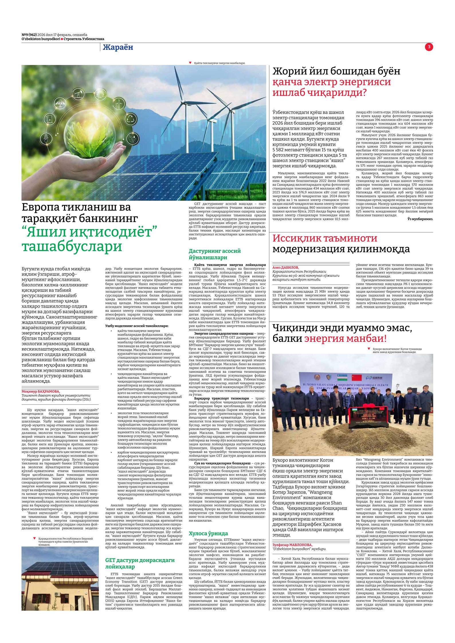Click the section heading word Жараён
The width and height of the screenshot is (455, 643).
[118, 48]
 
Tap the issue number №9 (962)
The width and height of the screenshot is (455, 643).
[29, 35]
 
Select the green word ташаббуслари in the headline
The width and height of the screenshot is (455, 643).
[72, 246]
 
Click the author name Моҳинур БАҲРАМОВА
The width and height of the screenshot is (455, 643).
[41, 391]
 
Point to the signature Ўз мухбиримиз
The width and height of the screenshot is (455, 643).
[420, 219]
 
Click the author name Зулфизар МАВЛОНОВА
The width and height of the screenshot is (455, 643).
[292, 545]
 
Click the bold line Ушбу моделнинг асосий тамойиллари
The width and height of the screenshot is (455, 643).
[137, 326]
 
